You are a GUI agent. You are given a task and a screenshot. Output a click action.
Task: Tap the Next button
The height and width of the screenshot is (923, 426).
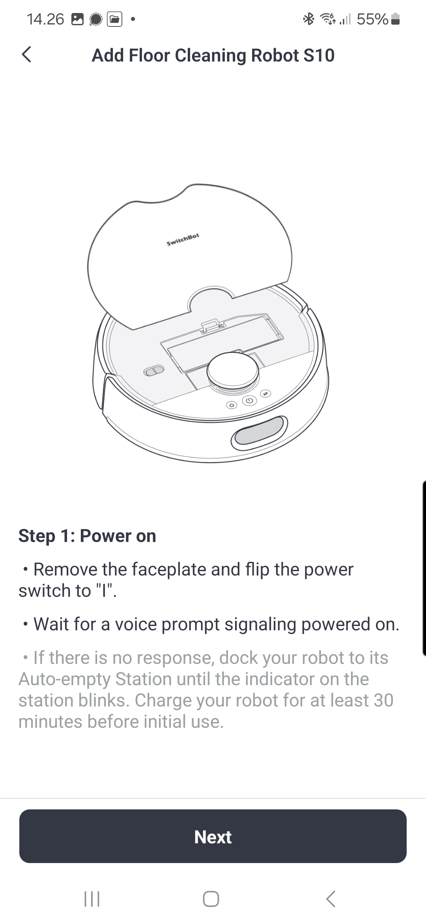[213, 836]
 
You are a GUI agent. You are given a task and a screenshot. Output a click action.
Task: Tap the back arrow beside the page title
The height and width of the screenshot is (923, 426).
[26, 55]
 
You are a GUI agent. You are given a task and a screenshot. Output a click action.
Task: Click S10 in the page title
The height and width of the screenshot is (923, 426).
[319, 55]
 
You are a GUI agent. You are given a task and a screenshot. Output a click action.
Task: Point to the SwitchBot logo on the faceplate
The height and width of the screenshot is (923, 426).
[183, 239]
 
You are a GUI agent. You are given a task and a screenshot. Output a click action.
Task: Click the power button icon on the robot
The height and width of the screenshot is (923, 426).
[249, 401]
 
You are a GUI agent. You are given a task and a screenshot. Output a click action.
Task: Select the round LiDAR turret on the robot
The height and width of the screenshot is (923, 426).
[233, 370]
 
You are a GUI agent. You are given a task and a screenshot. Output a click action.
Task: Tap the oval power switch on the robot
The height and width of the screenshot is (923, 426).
[153, 371]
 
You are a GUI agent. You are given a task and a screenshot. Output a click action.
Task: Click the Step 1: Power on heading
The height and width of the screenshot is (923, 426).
[87, 536]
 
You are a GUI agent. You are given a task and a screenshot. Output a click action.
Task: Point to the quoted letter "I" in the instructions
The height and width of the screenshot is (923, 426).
[104, 591]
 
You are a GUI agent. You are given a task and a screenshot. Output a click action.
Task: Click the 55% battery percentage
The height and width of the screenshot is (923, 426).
[372, 19]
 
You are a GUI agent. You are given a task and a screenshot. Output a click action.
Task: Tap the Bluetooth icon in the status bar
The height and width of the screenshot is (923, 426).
[308, 19]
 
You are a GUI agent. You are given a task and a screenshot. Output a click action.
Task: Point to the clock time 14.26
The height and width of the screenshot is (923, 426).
[45, 19]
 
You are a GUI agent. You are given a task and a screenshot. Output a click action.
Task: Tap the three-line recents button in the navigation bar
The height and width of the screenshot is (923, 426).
[92, 899]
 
